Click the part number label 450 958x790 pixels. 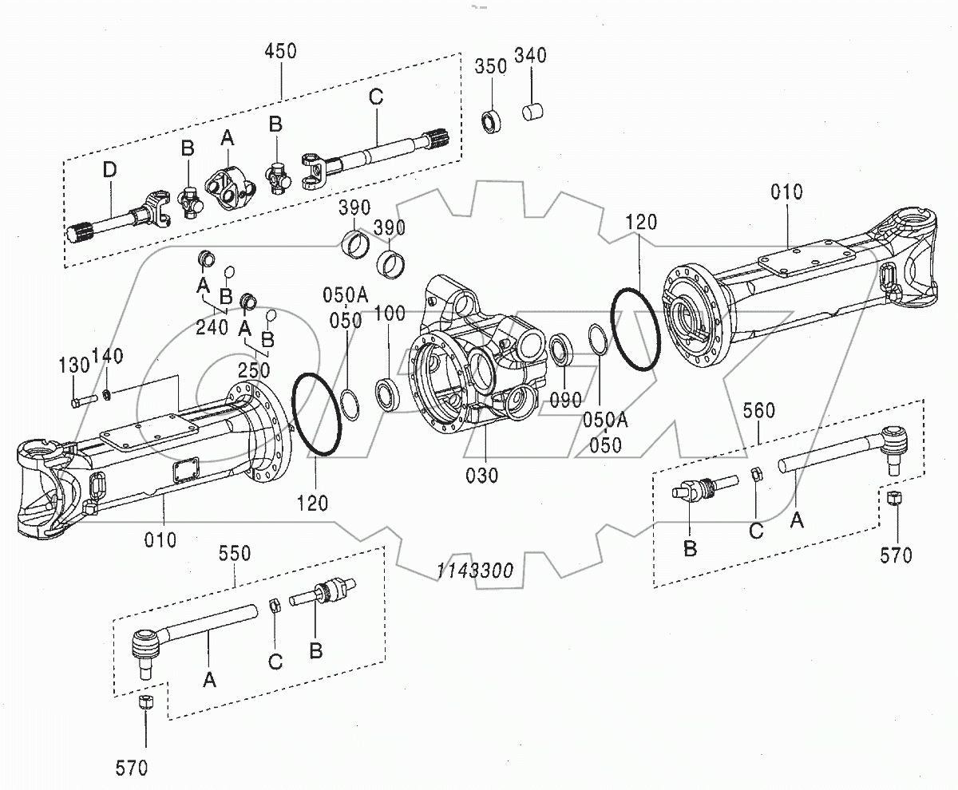click(280, 52)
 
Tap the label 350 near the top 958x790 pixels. click(491, 65)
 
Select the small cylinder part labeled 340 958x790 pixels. click(532, 112)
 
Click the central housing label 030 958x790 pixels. click(482, 476)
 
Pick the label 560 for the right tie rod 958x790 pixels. click(758, 410)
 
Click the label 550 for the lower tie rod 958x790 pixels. click(236, 552)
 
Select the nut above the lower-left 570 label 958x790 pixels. click(145, 703)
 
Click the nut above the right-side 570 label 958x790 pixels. click(895, 500)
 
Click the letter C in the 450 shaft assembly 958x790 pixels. click(376, 97)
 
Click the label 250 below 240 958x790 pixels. click(254, 371)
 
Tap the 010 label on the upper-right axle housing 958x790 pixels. click(787, 192)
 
